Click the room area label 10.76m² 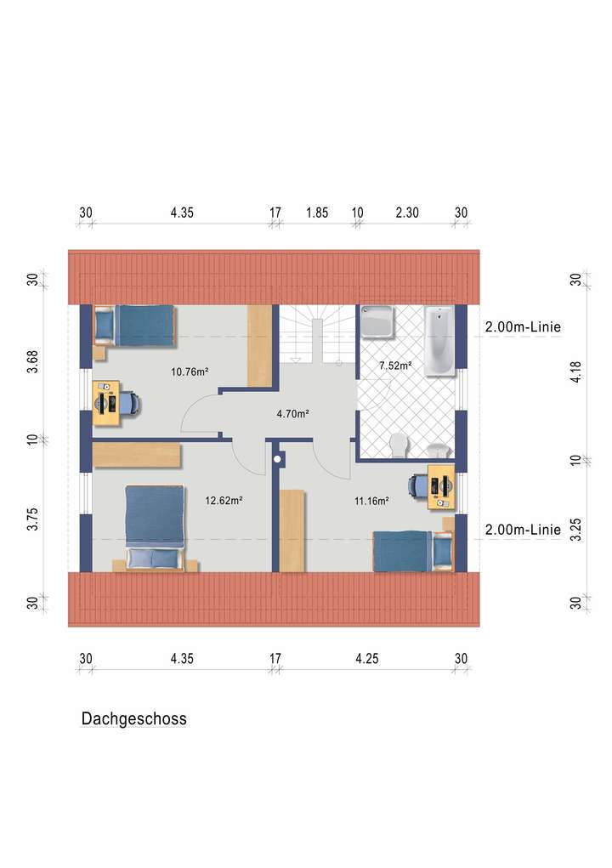190,372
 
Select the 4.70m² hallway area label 292,415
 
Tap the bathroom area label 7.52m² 395,366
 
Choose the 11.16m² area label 371,501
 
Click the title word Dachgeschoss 133,719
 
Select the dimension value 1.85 316,213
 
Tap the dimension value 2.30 407,213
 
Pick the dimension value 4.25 367,658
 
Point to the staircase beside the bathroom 316,336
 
